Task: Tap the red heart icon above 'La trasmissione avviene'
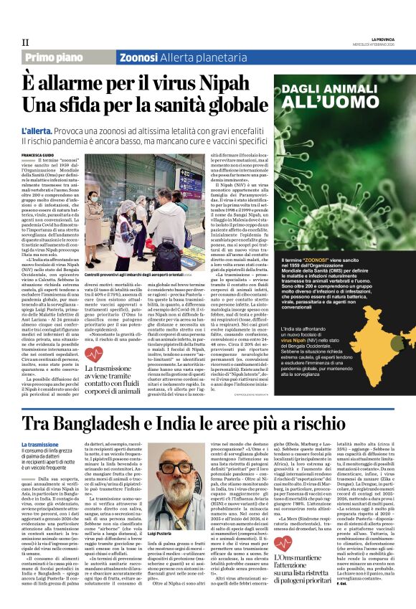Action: pos(93,354)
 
